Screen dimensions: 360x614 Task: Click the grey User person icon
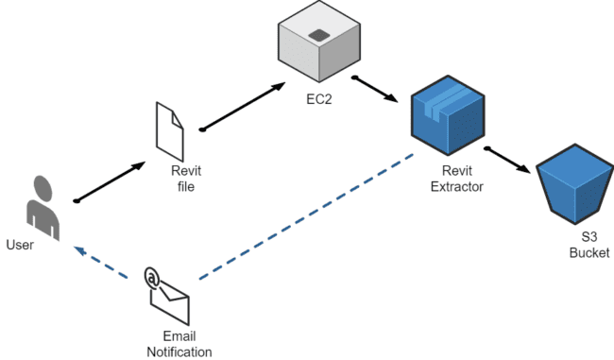(41, 203)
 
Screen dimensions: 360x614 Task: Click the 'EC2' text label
(317, 97)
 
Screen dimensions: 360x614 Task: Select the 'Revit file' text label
(185, 178)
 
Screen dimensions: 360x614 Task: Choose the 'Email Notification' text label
(179, 344)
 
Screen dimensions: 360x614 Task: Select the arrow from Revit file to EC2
(243, 104)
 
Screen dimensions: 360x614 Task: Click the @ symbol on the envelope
(151, 277)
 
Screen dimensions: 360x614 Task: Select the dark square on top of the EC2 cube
(320, 35)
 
